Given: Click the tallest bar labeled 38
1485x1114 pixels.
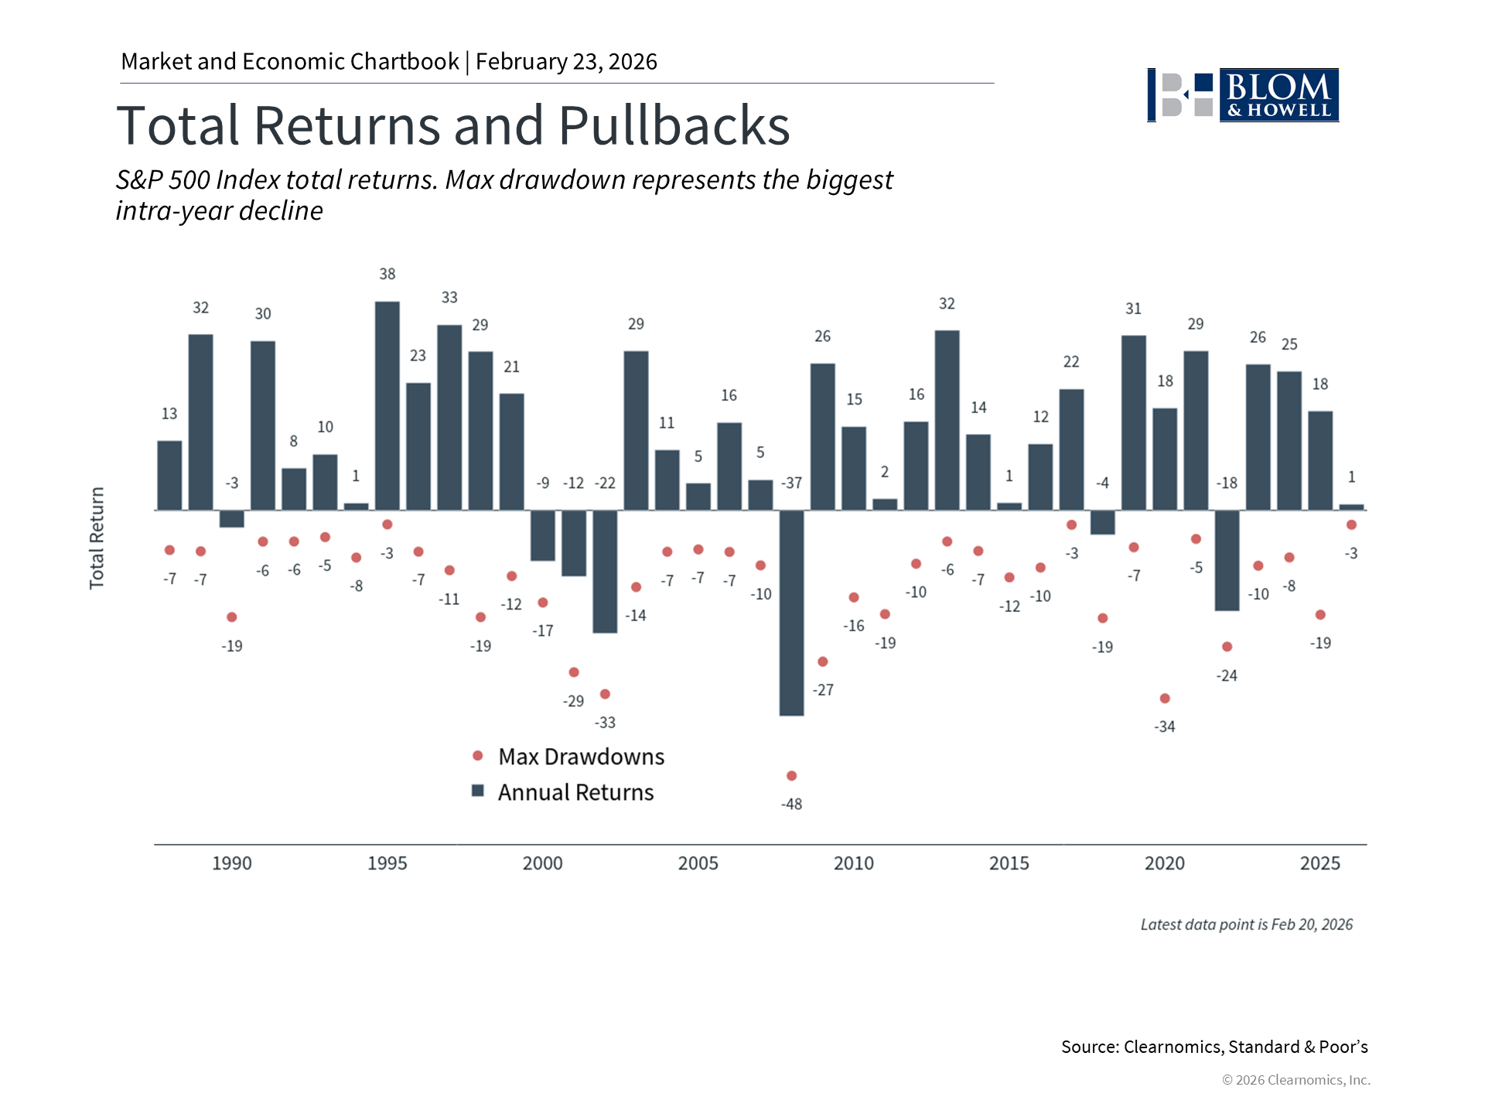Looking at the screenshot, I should click(387, 405).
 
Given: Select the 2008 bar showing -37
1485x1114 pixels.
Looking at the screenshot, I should click(791, 613).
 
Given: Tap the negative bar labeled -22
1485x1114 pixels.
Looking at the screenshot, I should click(605, 572).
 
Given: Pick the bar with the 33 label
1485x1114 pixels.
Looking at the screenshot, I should click(449, 417).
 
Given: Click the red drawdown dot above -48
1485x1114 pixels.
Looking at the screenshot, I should click(791, 775).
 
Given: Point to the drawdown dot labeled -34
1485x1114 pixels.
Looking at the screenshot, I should click(1165, 699).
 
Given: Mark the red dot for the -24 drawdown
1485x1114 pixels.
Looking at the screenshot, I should click(1227, 647).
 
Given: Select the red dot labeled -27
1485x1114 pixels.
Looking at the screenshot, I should click(823, 661).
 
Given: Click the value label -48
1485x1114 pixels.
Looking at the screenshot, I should click(791, 805).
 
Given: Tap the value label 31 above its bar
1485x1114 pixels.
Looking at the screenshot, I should click(1133, 309).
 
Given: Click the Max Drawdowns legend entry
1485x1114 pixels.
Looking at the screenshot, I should click(581, 757).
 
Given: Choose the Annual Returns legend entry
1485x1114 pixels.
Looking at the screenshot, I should click(575, 792).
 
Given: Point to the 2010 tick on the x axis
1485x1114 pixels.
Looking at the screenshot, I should click(854, 863).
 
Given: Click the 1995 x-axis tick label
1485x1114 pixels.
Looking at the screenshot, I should click(387, 863).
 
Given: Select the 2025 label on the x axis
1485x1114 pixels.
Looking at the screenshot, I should click(1319, 863).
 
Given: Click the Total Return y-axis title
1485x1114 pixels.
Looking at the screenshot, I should click(97, 538).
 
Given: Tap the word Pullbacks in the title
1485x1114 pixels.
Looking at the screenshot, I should click(674, 125).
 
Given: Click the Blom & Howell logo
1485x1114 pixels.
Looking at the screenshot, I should click(1243, 95).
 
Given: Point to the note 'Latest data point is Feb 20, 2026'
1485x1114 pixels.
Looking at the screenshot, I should click(1246, 924).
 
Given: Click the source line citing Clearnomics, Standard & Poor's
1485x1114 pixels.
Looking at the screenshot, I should click(1214, 1047).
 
